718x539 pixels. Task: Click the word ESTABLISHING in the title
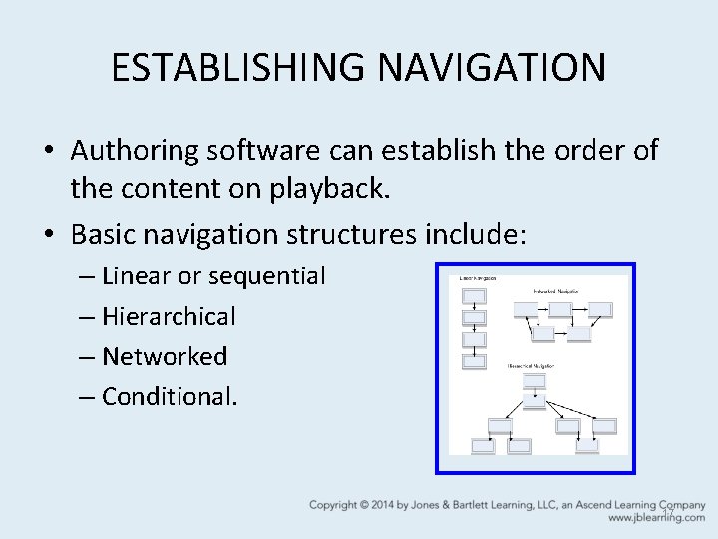pyautogui.click(x=236, y=68)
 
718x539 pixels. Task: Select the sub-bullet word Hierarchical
pyautogui.click(x=169, y=317)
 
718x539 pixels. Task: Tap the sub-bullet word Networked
pyautogui.click(x=165, y=356)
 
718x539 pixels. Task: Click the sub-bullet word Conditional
pyautogui.click(x=170, y=396)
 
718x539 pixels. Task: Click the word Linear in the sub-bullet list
pyautogui.click(x=135, y=275)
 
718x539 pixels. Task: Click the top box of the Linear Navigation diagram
pyautogui.click(x=475, y=296)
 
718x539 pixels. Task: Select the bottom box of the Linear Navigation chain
pyautogui.click(x=475, y=361)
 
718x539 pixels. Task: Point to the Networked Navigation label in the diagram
pyautogui.click(x=556, y=290)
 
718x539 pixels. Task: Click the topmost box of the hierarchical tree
pyautogui.click(x=536, y=401)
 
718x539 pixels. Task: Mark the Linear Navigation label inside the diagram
pyautogui.click(x=478, y=278)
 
